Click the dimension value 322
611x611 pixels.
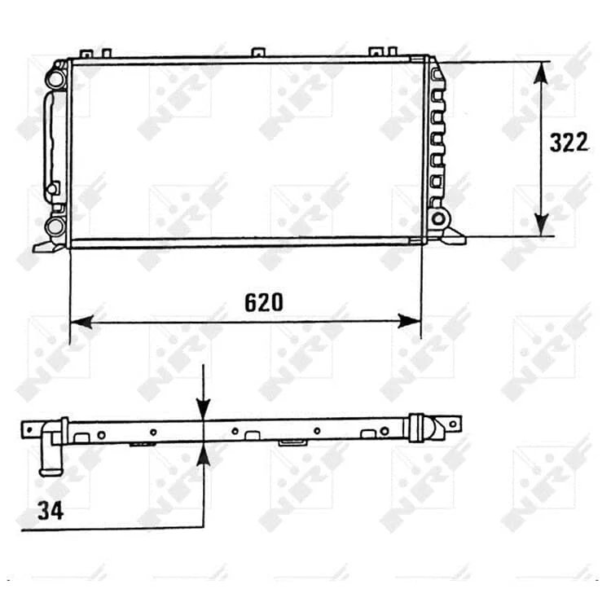click(569, 143)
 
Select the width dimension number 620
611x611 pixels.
click(264, 302)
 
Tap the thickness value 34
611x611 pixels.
click(51, 511)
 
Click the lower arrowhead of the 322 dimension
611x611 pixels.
click(541, 225)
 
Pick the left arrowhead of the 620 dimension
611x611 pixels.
click(81, 322)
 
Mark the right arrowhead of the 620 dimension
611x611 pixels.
click(409, 322)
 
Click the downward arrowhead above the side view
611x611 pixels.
click(204, 410)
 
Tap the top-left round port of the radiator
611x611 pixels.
click(55, 79)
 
